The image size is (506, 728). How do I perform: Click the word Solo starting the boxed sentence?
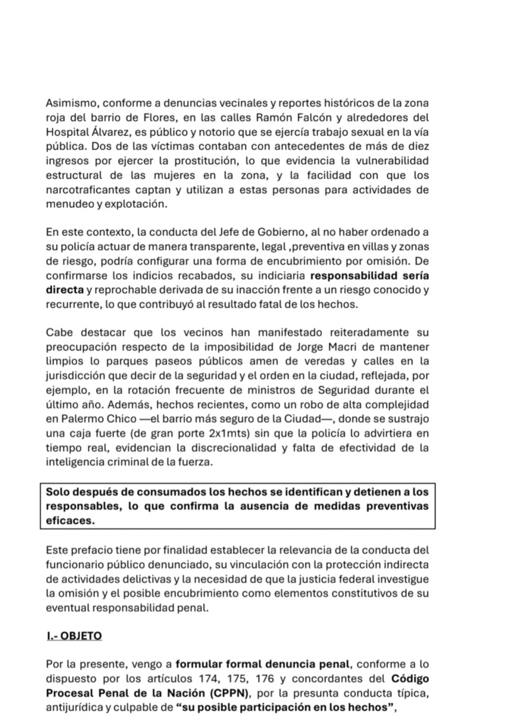coord(60,492)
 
